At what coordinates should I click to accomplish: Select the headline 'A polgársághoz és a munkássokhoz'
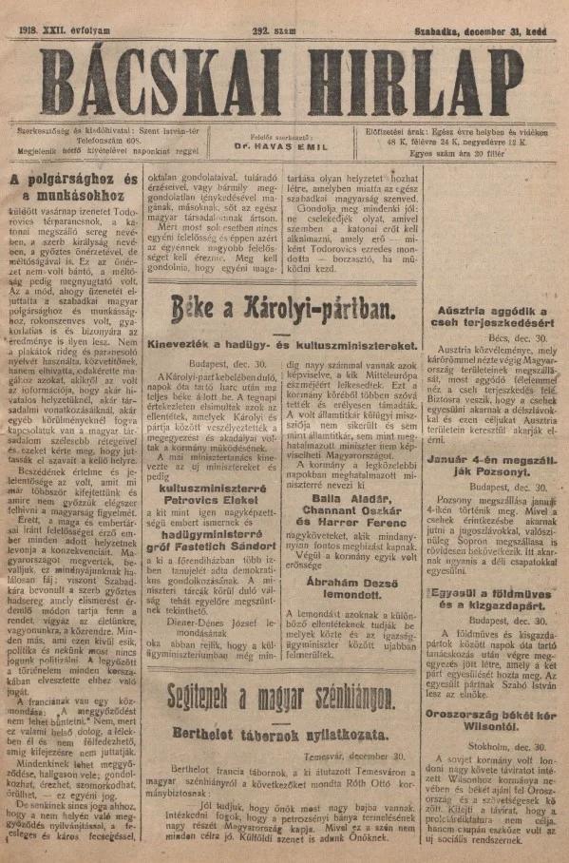pos(74,187)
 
